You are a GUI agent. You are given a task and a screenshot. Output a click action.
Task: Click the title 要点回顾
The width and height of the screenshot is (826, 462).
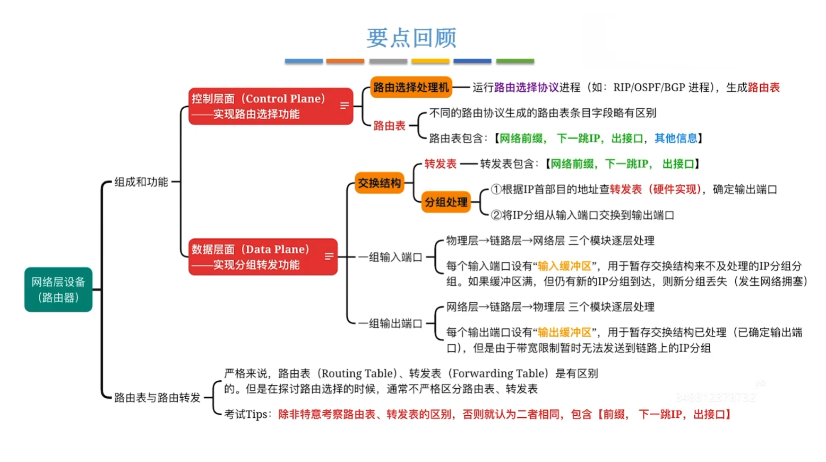click(411, 38)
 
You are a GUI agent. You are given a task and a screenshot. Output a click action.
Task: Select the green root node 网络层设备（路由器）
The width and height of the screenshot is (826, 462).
click(58, 289)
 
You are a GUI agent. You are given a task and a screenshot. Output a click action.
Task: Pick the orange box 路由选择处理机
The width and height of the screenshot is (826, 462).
click(411, 87)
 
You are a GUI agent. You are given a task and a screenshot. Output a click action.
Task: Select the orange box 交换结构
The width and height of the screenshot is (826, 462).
click(379, 183)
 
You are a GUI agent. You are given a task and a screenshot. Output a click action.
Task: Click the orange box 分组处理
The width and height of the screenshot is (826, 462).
click(446, 202)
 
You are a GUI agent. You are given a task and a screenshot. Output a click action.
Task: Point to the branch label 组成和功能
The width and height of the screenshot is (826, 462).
click(141, 182)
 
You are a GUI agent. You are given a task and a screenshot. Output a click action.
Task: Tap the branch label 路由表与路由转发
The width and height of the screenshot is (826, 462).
click(157, 397)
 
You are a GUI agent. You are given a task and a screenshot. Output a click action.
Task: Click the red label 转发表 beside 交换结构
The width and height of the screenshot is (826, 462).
click(440, 164)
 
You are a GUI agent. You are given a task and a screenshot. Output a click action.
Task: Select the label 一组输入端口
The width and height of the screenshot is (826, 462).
click(390, 257)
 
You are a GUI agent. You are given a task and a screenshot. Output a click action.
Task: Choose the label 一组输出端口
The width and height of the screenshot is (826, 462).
click(390, 323)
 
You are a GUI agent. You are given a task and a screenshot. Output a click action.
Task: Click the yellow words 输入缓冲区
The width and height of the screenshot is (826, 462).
click(564, 266)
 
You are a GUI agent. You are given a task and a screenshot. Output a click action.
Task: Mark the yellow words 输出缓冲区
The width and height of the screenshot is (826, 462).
click(564, 332)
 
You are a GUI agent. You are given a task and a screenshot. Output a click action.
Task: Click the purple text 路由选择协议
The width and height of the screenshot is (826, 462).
click(526, 87)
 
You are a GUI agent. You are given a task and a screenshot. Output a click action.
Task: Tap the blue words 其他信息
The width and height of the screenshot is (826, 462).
click(676, 138)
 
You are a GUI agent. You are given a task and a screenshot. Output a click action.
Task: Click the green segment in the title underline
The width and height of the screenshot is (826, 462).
click(515, 61)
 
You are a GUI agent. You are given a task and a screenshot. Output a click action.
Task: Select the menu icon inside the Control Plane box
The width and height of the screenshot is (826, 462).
click(345, 106)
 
